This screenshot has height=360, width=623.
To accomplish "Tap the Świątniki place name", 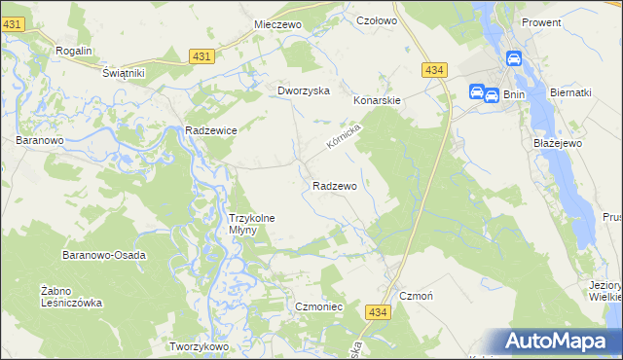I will click(123, 73).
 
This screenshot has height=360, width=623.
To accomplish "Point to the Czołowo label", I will click(378, 20).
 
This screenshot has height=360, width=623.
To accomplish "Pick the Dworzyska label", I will click(304, 90).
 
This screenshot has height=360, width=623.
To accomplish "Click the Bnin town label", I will click(516, 94).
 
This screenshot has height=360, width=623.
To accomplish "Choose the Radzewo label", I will click(335, 185).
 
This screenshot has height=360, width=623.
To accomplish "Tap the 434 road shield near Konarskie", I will click(435, 70).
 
